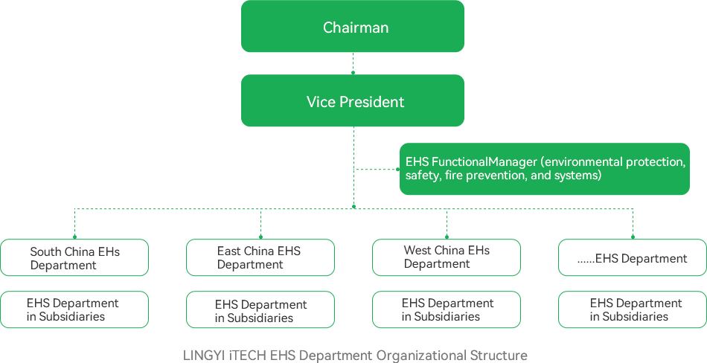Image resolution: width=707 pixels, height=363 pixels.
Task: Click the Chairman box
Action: [x=352, y=27]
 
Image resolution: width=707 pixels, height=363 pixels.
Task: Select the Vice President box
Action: [x=352, y=100]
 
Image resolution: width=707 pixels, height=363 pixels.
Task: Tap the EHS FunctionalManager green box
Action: [x=544, y=169]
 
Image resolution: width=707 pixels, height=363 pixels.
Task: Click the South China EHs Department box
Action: [x=74, y=257]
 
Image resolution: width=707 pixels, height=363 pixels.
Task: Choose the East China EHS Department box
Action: [x=260, y=257]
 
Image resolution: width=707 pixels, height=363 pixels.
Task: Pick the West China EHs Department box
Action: [x=446, y=257]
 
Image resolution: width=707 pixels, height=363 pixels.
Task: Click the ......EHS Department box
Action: [x=632, y=257]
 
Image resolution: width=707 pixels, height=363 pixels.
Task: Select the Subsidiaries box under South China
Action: [x=74, y=309]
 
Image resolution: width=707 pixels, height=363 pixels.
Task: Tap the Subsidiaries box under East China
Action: [x=260, y=309]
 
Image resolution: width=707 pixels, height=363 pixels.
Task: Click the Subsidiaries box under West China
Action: [x=446, y=309]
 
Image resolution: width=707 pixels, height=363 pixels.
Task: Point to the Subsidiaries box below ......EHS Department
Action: [x=632, y=309]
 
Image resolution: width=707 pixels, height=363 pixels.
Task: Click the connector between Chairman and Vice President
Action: [x=352, y=63]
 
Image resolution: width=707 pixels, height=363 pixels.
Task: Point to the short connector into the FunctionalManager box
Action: [x=376, y=170]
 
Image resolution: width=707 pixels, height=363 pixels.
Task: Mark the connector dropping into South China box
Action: [x=74, y=223]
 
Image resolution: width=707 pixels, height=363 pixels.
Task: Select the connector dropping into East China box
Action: [x=260, y=223]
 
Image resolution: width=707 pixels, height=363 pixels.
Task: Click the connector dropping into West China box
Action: [x=446, y=223]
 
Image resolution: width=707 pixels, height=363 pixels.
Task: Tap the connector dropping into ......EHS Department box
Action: [x=632, y=223]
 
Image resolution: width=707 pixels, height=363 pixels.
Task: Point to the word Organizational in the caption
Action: [x=420, y=356]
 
